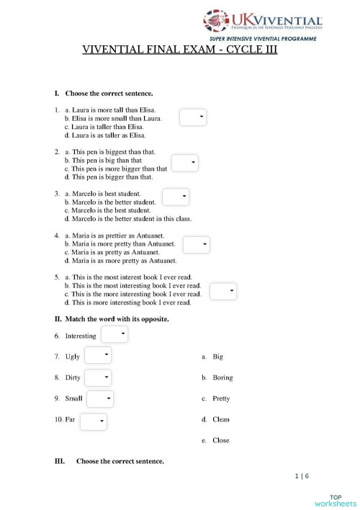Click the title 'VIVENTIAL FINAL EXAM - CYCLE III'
180,50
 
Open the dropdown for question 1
193,117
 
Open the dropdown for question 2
184,164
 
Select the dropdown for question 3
175,197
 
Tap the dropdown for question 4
196,245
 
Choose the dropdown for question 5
223,291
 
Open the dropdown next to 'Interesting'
114,334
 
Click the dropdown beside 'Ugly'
98,355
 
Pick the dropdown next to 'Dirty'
98,377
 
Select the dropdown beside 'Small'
100,398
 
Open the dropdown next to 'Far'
94,421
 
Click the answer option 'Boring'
222,377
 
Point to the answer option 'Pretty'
221,398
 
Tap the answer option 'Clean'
221,419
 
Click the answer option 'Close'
221,440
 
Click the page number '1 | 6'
301,476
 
